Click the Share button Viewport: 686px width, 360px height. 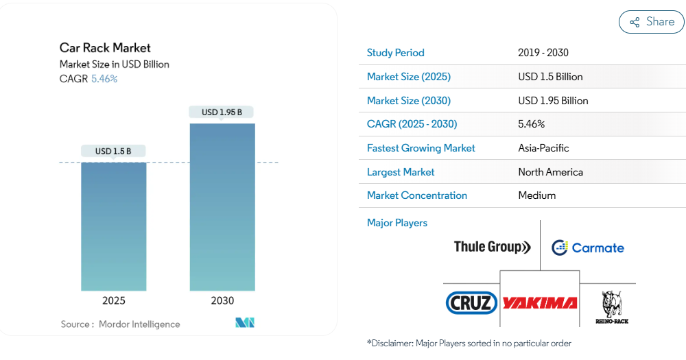(x=652, y=22)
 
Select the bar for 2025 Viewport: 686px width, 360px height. (x=114, y=226)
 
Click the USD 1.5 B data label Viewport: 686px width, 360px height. (x=113, y=151)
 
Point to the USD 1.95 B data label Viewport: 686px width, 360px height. (x=222, y=112)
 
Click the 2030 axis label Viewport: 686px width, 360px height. (x=222, y=300)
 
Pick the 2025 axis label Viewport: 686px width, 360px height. (x=114, y=300)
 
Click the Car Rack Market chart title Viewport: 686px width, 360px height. (x=105, y=48)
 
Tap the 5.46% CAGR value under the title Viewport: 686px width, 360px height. (x=104, y=79)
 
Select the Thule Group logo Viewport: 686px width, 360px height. (x=492, y=247)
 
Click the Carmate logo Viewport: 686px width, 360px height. (x=588, y=248)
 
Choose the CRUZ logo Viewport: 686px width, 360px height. (x=471, y=302)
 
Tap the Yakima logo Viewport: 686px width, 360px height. (x=540, y=302)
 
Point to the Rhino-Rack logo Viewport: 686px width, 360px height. (x=612, y=307)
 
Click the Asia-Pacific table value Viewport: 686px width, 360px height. (x=543, y=148)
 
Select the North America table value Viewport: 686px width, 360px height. (x=550, y=172)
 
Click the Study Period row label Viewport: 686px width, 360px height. (x=395, y=53)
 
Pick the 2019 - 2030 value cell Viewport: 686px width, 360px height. (x=543, y=53)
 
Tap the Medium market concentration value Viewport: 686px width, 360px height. (x=536, y=195)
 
